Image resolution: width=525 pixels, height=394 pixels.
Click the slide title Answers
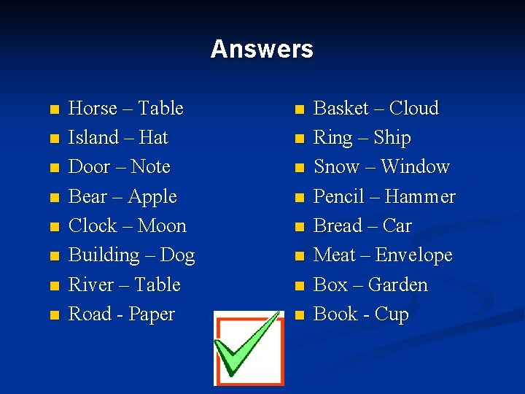(x=262, y=50)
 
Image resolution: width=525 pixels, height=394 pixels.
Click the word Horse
(x=93, y=109)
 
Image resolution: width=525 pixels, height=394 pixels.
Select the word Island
(x=93, y=138)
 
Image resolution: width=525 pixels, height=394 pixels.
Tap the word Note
(x=150, y=167)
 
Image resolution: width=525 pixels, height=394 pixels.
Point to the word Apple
(x=152, y=198)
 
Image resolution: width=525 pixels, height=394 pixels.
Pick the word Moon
(x=162, y=226)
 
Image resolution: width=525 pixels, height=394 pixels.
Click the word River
(x=90, y=285)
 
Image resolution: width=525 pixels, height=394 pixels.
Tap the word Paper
(x=152, y=315)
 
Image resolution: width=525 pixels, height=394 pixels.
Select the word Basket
(x=341, y=109)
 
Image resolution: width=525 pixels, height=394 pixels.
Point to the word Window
(x=415, y=167)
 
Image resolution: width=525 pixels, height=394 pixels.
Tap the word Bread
(x=338, y=226)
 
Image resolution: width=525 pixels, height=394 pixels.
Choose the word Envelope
(x=413, y=256)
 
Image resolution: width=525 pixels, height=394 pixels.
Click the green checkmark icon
(x=249, y=347)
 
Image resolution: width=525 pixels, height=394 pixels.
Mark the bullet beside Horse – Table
(x=53, y=110)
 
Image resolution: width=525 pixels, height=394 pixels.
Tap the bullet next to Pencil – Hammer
(x=298, y=198)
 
